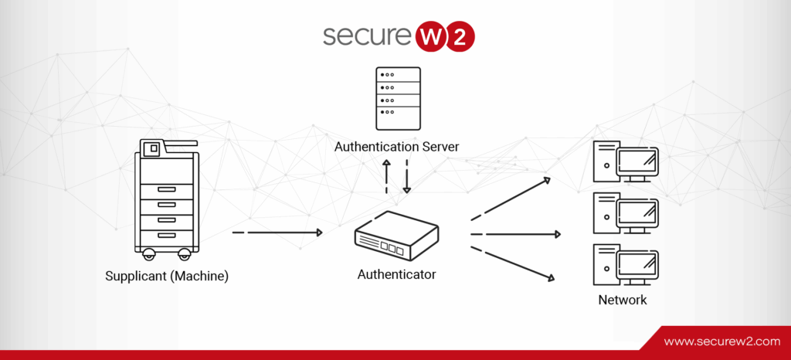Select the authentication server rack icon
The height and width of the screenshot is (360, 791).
(397, 98)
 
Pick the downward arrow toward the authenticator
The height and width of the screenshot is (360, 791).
(407, 177)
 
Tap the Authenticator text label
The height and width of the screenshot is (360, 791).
(396, 274)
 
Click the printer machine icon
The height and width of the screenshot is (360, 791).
(164, 199)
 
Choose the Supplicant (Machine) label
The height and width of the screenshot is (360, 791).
(167, 276)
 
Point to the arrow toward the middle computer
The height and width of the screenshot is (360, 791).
(516, 234)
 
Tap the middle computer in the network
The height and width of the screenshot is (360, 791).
(626, 212)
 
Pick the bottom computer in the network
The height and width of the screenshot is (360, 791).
(626, 264)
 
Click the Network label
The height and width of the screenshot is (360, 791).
(623, 300)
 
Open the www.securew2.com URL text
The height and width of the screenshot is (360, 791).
(722, 341)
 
